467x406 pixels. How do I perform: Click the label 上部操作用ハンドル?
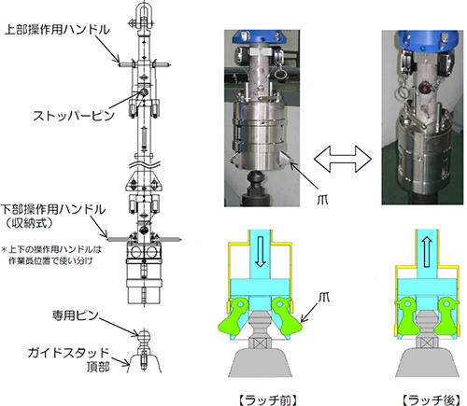point(58,30)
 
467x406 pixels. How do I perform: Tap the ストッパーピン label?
point(74,116)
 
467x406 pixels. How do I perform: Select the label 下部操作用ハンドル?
point(53,210)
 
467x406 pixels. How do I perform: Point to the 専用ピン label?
point(75,315)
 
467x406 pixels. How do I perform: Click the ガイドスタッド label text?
point(68,353)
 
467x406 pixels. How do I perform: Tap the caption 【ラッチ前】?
point(268,400)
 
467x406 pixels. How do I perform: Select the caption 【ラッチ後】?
point(432,400)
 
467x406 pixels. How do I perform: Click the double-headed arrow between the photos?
point(343,160)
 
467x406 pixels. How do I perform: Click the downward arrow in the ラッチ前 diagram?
point(261,251)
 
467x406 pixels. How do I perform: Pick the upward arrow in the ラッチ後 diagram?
point(427,252)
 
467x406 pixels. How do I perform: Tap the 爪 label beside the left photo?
point(322,200)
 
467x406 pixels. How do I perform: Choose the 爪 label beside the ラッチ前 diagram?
point(324,297)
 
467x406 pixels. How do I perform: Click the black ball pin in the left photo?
point(255,178)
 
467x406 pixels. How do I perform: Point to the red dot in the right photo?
point(424,89)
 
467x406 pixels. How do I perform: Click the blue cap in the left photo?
point(262,36)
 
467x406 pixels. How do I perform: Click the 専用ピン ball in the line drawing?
point(144,336)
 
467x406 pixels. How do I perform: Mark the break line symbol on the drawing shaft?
point(144,163)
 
